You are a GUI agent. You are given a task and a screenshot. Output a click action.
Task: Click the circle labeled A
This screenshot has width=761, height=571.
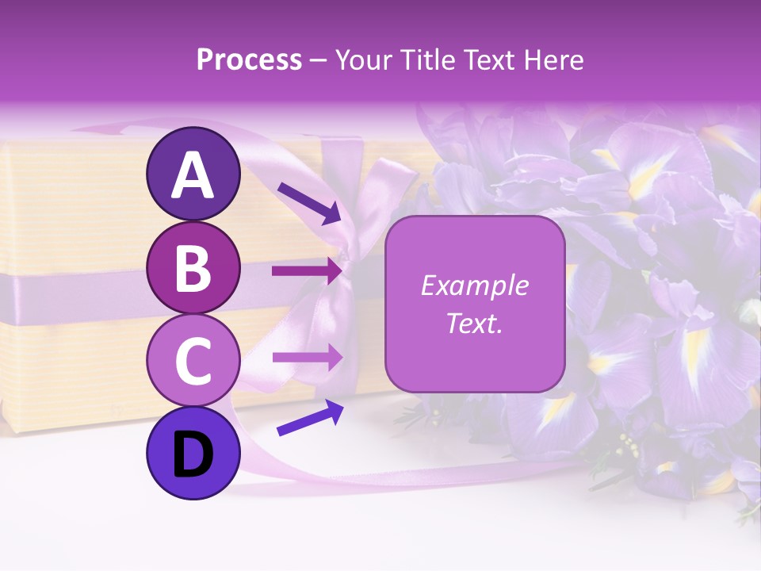click(x=193, y=174)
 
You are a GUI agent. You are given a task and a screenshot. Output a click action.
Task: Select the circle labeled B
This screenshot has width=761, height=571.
click(x=193, y=267)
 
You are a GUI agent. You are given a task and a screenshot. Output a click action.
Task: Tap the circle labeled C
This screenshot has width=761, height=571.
click(x=193, y=361)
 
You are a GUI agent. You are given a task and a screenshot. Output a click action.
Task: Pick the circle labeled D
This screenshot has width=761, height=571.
click(x=193, y=454)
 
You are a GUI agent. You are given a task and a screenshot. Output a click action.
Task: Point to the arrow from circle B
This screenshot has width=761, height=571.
click(x=306, y=270)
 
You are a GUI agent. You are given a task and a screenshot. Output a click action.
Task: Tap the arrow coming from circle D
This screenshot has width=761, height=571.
click(x=310, y=418)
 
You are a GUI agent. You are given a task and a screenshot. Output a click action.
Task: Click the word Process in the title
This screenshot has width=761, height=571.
click(x=249, y=60)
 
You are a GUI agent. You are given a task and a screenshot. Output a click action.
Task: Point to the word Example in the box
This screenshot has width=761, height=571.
click(x=474, y=285)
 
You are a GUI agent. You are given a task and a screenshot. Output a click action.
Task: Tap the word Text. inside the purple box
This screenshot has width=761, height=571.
click(x=474, y=323)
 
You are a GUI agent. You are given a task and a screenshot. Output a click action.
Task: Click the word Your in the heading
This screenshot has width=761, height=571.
click(x=361, y=60)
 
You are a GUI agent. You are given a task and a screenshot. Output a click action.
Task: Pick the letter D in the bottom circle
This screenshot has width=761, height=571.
click(x=193, y=454)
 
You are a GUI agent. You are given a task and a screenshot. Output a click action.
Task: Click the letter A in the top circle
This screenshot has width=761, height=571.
click(x=193, y=174)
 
